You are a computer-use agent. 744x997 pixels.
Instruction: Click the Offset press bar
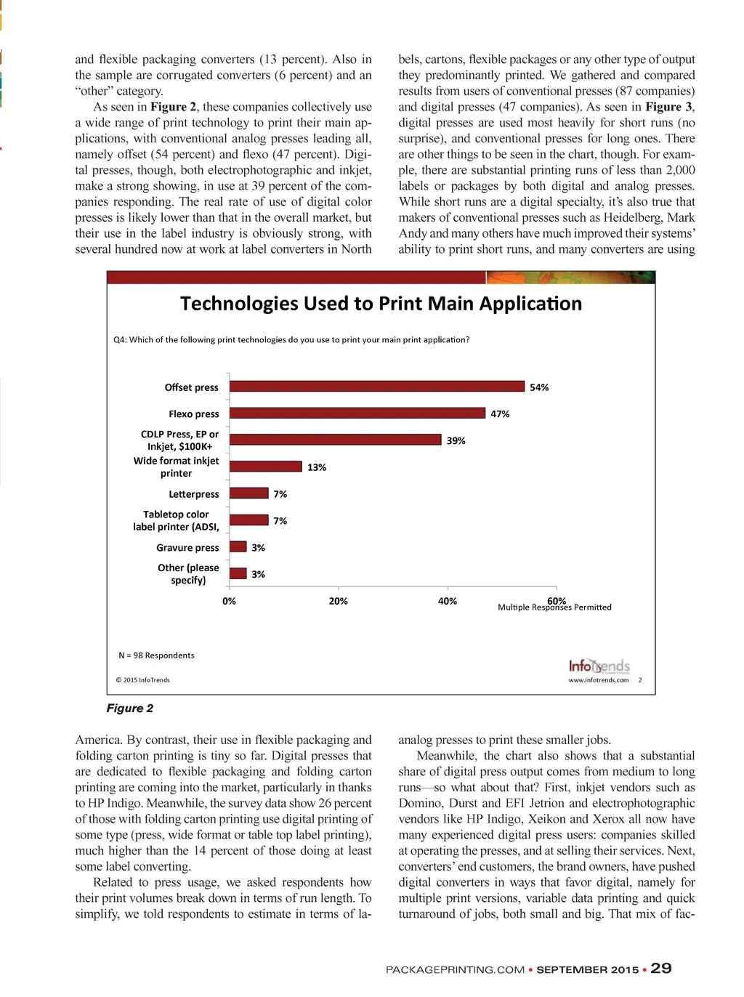click(x=376, y=387)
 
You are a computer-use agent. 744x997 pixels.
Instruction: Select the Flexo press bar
click(x=357, y=413)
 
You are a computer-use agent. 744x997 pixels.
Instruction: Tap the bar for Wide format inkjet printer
click(x=265, y=467)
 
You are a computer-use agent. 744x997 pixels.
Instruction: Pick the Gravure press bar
click(x=238, y=547)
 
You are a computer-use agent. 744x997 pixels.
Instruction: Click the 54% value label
click(x=539, y=387)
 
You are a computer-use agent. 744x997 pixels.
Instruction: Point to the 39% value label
click(x=456, y=440)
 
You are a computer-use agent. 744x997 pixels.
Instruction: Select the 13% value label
click(x=317, y=467)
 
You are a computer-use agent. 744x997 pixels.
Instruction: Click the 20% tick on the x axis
click(x=339, y=601)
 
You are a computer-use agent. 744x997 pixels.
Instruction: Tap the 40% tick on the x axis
click(x=448, y=601)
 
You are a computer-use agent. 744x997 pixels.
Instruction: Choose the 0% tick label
click(x=229, y=601)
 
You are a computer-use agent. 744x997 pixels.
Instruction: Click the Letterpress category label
click(x=193, y=494)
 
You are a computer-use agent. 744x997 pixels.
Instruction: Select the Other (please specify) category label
click(x=188, y=573)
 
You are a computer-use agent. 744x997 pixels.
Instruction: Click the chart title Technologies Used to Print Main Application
click(x=381, y=304)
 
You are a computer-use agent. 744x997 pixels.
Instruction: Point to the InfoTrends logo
click(x=599, y=666)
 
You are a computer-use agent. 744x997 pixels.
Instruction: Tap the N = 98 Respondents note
click(x=156, y=655)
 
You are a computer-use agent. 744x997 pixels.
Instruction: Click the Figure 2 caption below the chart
click(x=130, y=709)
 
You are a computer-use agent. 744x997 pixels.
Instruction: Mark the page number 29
click(x=661, y=969)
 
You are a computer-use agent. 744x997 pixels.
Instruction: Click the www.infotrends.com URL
click(x=598, y=680)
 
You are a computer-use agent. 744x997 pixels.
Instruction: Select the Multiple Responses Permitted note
click(x=554, y=608)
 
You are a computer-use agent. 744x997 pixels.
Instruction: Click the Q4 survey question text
click(x=291, y=340)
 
